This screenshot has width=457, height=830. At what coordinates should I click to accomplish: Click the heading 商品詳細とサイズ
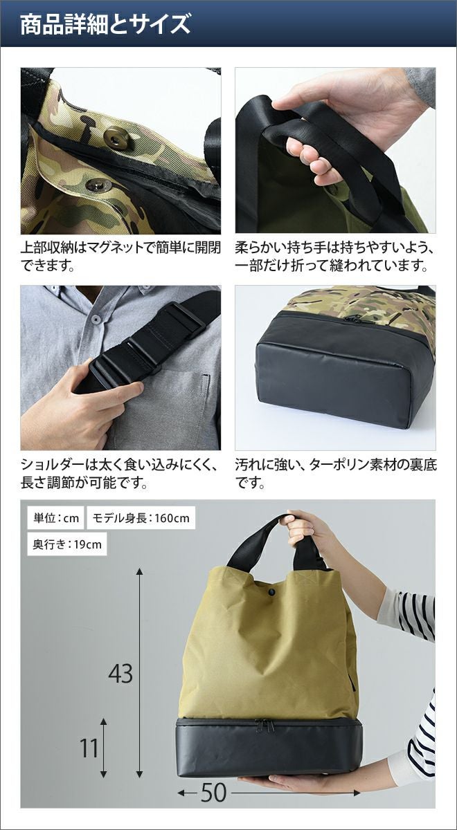pyautogui.click(x=105, y=25)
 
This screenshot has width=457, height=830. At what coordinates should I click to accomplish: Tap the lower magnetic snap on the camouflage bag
pyautogui.click(x=98, y=185)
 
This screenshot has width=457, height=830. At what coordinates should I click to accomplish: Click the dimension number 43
pyautogui.click(x=120, y=673)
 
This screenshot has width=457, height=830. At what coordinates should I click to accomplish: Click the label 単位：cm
pyautogui.click(x=56, y=518)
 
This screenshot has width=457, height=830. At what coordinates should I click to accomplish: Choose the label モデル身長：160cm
pyautogui.click(x=141, y=518)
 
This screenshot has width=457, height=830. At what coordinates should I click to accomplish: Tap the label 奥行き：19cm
pyautogui.click(x=67, y=544)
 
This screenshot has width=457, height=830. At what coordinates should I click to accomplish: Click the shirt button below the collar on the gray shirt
pyautogui.click(x=96, y=318)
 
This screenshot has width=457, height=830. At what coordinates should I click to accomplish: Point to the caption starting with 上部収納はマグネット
pyautogui.click(x=120, y=257)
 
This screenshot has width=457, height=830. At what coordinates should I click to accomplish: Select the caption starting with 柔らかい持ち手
pyautogui.click(x=334, y=257)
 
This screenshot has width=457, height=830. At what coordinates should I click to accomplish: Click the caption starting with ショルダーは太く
pyautogui.click(x=119, y=474)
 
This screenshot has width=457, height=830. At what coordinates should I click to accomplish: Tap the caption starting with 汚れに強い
pyautogui.click(x=336, y=474)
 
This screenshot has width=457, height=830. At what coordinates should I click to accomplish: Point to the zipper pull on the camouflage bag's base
pyautogui.click(x=351, y=320)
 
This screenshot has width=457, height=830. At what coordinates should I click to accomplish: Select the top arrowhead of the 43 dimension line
pyautogui.click(x=139, y=571)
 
